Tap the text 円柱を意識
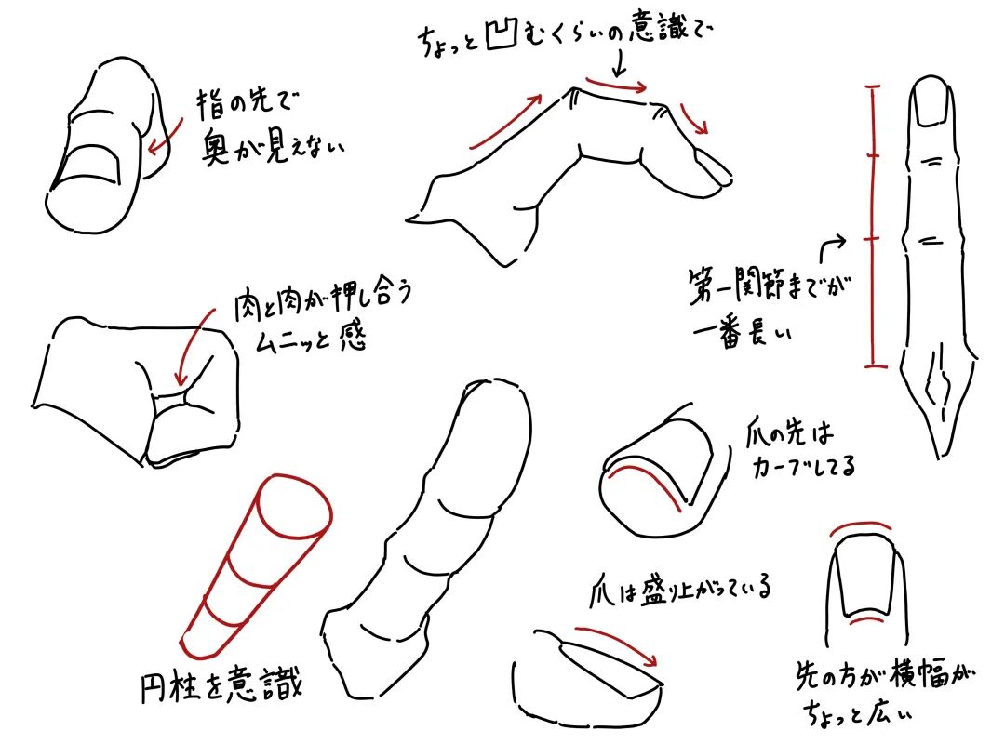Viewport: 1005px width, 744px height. (221, 685)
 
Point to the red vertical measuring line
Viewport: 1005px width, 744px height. (872, 226)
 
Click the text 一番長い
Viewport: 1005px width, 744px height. (743, 331)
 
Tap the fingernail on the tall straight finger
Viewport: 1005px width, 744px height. (931, 102)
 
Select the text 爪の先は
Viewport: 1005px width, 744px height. (790, 433)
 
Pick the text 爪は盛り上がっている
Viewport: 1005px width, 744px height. (680, 589)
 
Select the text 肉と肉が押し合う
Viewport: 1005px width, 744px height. (323, 300)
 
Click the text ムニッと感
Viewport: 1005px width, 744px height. (311, 337)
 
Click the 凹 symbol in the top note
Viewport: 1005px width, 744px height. (502, 34)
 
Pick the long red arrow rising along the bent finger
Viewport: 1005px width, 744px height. (505, 123)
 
